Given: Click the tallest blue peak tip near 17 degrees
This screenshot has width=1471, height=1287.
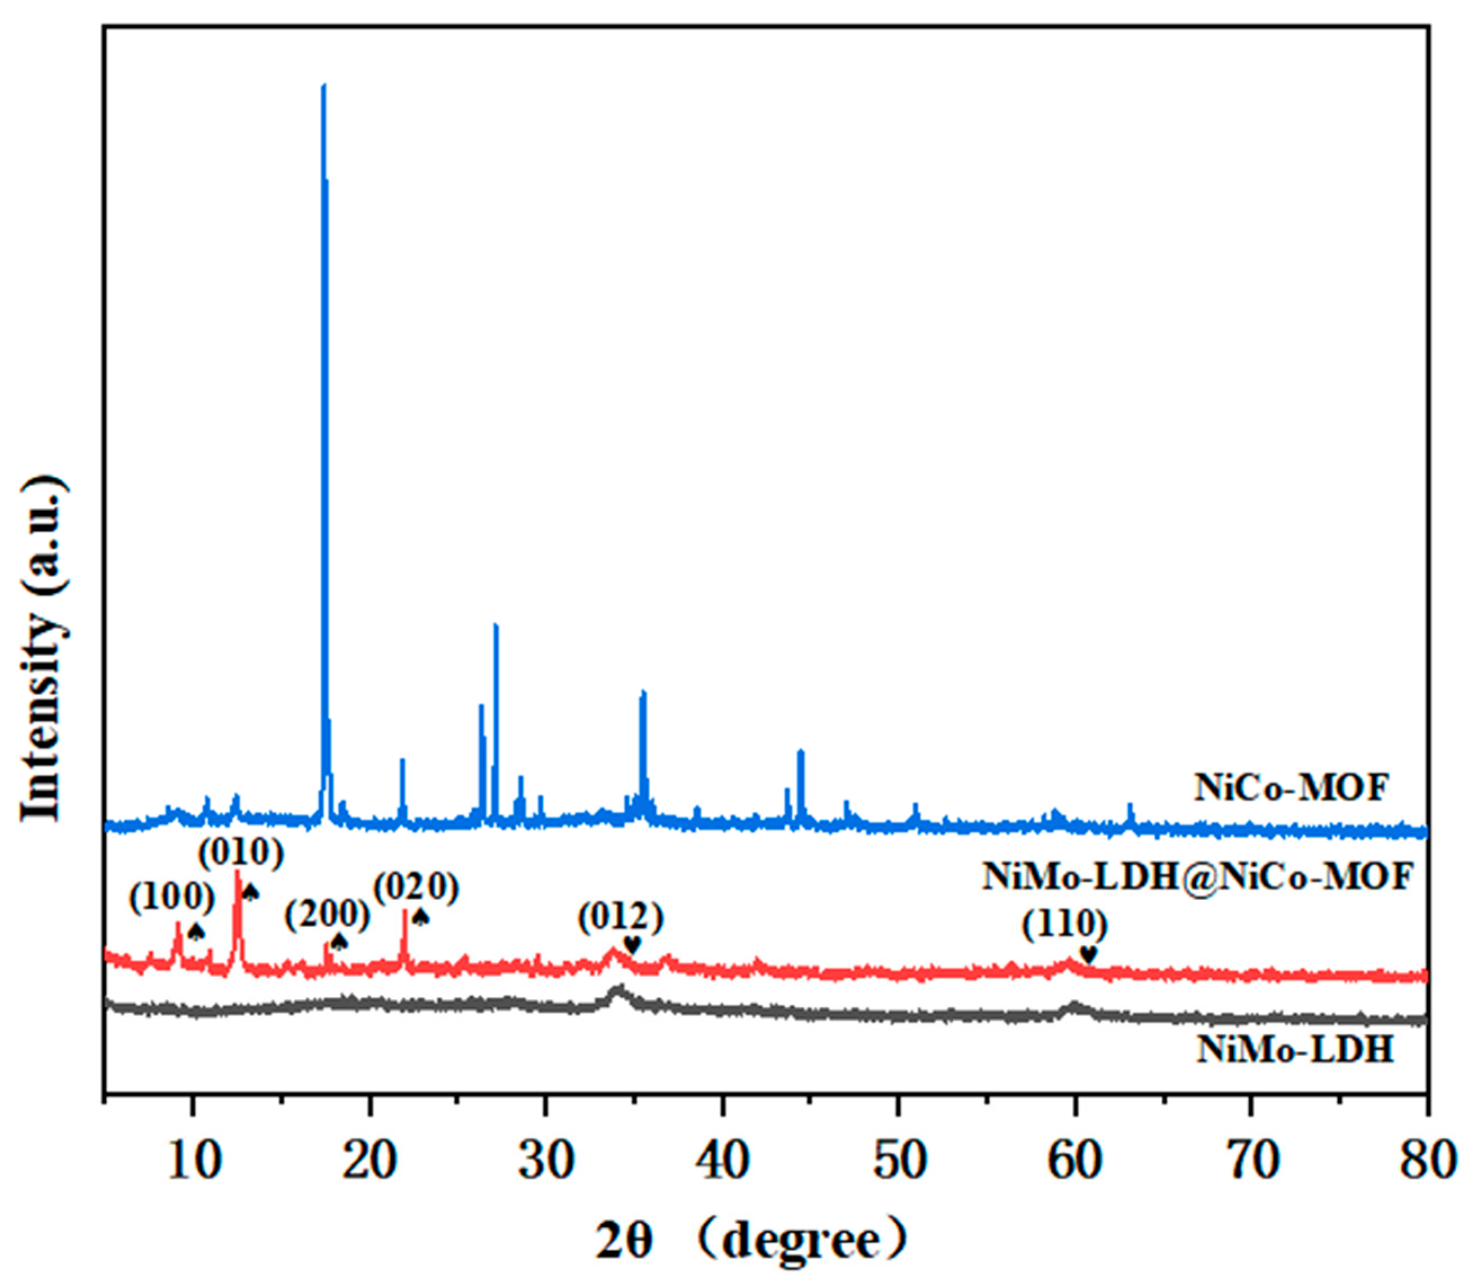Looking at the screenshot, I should coord(323,86).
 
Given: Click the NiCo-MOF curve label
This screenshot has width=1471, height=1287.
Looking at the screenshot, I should coord(1291,788).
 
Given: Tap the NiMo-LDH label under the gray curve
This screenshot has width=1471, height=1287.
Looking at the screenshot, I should coord(1295,1051).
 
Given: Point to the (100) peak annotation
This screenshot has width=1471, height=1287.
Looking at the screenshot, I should coord(172,898).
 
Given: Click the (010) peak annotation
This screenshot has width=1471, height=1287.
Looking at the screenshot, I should coord(240,854).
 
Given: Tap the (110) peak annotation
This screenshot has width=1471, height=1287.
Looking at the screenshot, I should coord(1065,924).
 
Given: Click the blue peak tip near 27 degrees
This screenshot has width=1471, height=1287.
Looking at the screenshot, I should coord(495,625).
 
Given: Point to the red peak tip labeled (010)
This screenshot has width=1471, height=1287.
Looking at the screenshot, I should coord(237,872).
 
